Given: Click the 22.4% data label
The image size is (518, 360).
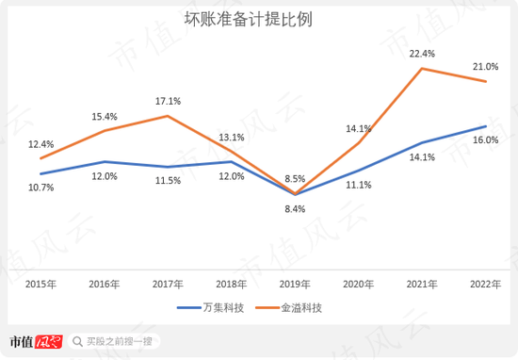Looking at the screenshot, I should (x=423, y=54).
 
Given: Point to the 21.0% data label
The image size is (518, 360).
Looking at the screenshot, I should (x=485, y=67).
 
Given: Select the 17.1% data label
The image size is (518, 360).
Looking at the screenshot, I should (x=169, y=101).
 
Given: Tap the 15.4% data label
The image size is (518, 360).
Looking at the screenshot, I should (x=105, y=116).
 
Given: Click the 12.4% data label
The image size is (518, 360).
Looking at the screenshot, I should (x=41, y=143).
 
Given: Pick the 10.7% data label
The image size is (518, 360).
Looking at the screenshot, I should (x=41, y=188).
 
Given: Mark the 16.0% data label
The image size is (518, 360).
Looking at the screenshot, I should (x=485, y=139).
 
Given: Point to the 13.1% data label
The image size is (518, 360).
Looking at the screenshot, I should (x=232, y=138).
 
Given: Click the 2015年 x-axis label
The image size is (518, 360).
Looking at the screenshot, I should (x=41, y=284).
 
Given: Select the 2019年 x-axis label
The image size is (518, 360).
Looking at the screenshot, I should (x=295, y=284).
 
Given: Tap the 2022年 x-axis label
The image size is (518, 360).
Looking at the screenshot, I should (x=485, y=284).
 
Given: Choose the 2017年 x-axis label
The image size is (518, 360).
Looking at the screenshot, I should (x=169, y=284).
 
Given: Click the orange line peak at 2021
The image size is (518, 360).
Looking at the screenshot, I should (x=422, y=69).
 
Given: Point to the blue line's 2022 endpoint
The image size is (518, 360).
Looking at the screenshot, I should (x=485, y=126).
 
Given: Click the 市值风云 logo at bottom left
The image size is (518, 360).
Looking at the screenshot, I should (x=35, y=341).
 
